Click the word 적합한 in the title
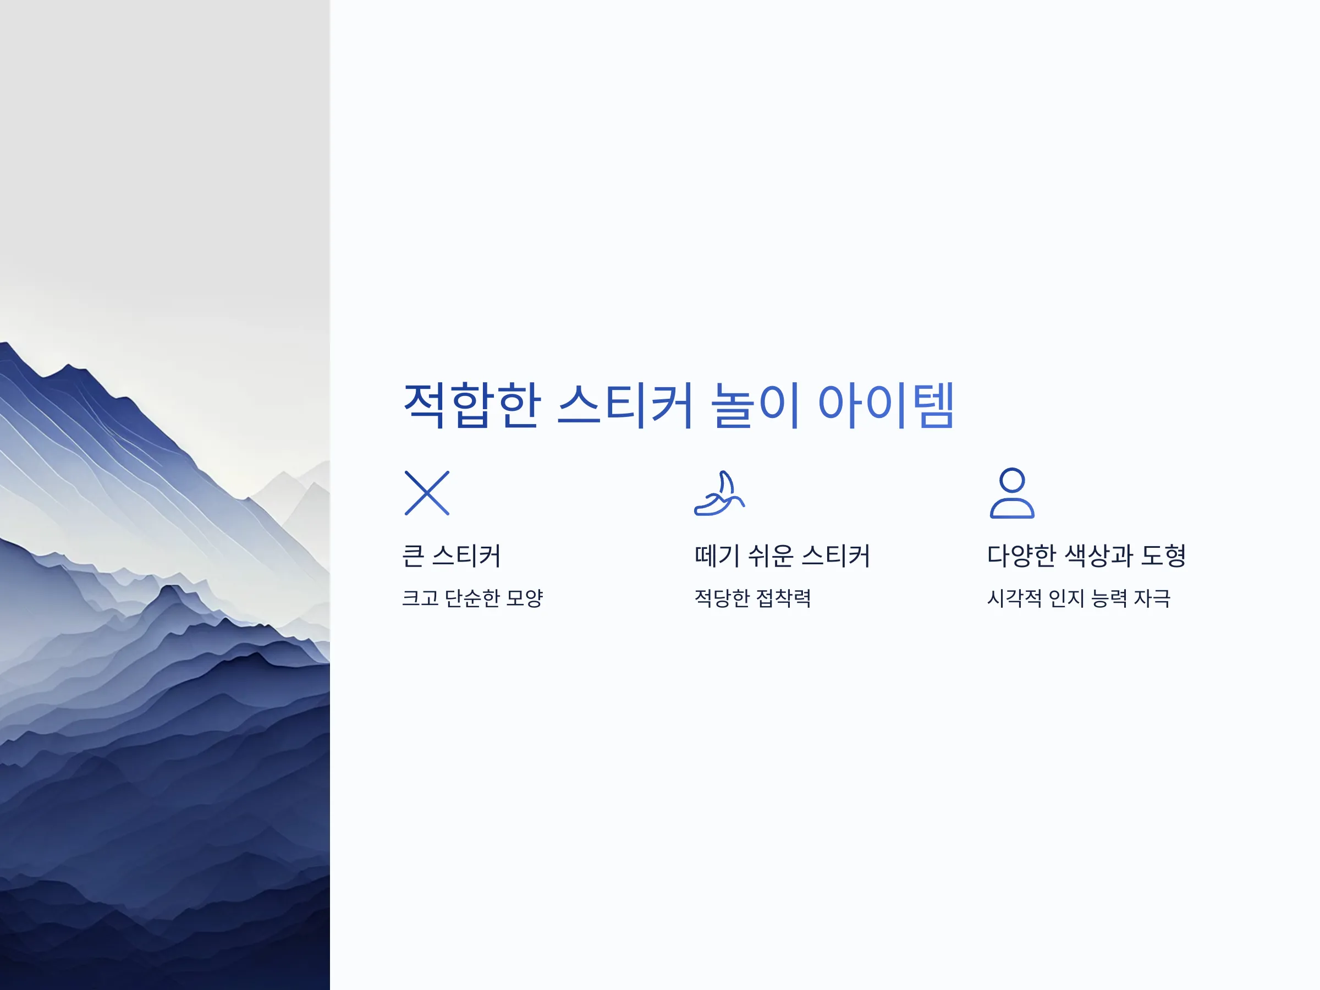[472, 406]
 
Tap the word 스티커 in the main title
[625, 406]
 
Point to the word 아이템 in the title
[886, 406]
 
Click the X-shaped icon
[427, 493]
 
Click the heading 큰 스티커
[451, 555]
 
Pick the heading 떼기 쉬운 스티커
[782, 555]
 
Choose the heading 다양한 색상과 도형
[1086, 555]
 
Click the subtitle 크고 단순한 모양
[472, 598]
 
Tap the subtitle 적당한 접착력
[752, 598]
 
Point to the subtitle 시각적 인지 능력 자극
[1079, 598]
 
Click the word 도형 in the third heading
[1163, 555]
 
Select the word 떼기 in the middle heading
[717, 555]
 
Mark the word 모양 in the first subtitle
[524, 598]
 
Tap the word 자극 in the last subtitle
[1152, 598]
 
